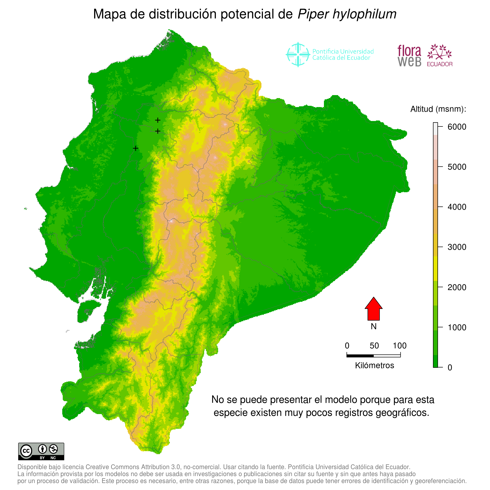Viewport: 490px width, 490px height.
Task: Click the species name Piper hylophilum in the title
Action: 347,14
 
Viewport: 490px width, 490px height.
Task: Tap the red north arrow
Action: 373,309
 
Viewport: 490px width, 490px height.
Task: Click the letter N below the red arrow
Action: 373,326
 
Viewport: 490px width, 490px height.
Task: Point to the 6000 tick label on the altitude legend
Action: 457,127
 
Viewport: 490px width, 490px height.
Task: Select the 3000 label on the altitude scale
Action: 457,247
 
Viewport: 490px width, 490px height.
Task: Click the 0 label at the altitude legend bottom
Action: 450,367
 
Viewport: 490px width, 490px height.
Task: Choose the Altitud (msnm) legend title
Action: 438,109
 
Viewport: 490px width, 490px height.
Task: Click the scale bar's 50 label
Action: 374,346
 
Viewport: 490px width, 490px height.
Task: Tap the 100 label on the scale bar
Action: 400,346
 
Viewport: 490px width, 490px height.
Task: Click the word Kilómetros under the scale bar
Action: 374,366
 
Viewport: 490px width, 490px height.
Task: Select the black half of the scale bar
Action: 360,356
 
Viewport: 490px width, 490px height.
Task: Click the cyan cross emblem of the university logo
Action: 298,55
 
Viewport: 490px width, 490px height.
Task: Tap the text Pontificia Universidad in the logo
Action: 343,52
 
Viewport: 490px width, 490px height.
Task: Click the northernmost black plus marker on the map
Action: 158,120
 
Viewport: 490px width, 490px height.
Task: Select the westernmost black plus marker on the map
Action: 136,148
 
